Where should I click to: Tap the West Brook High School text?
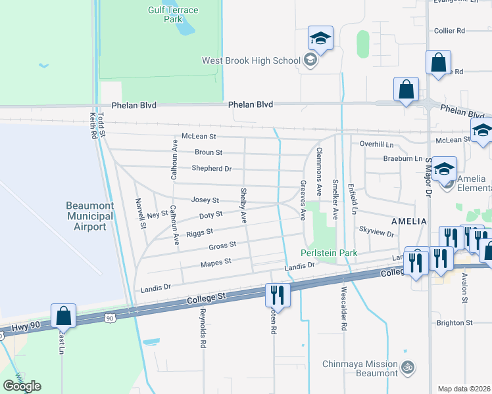pyautogui.click(x=251, y=61)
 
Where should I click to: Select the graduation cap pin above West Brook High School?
pyautogui.click(x=320, y=39)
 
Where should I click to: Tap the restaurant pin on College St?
pyautogui.click(x=278, y=295)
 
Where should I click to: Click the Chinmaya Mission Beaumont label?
pyautogui.click(x=360, y=369)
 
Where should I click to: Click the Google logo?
pyautogui.click(x=22, y=386)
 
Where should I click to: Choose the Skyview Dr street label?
pyautogui.click(x=376, y=233)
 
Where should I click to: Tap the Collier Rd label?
pyautogui.click(x=450, y=31)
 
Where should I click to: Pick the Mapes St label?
pyautogui.click(x=216, y=262)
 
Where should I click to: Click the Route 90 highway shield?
pyautogui.click(x=109, y=318)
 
